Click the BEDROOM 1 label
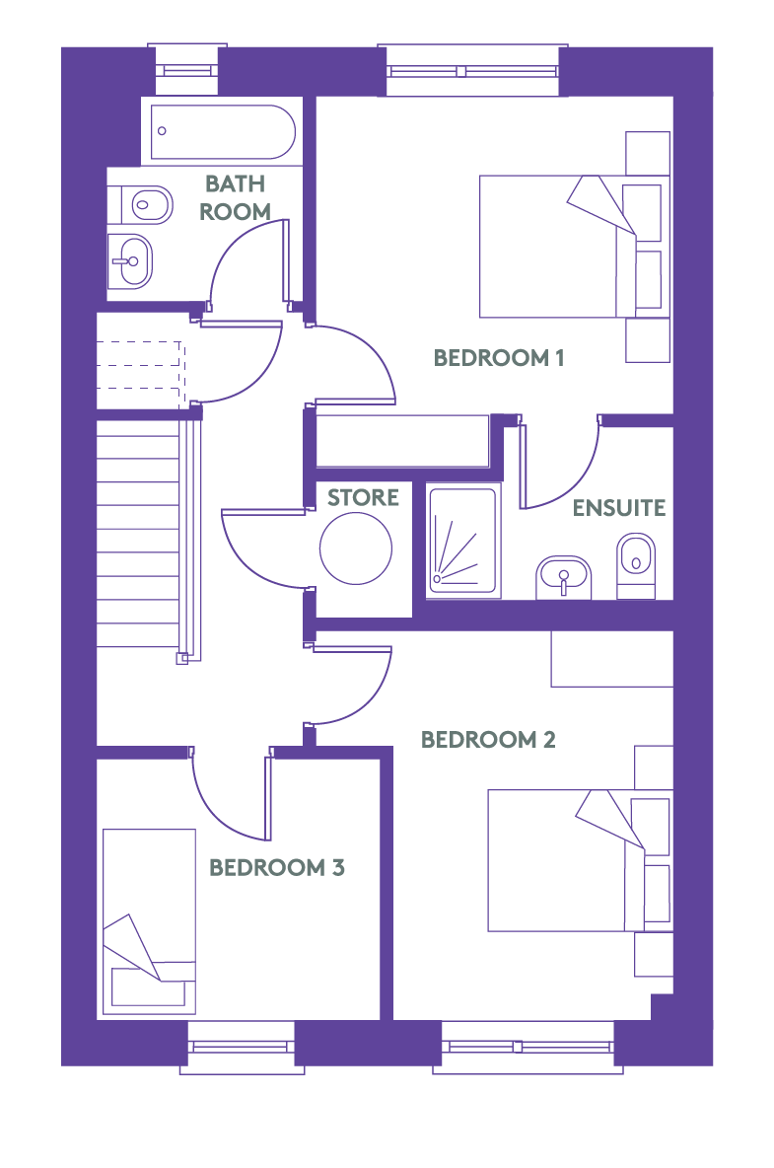tap(499, 357)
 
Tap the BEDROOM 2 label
tap(488, 740)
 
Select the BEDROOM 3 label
tap(277, 868)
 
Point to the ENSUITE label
tap(619, 508)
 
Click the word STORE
tap(363, 497)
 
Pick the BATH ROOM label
tap(236, 197)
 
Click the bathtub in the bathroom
tap(223, 132)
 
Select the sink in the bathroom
tap(131, 261)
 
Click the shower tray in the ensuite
tap(462, 540)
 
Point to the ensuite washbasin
tap(563, 576)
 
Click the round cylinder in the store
tap(356, 548)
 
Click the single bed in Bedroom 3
tap(149, 921)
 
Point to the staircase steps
tap(138, 534)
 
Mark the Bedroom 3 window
tap(242, 1047)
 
